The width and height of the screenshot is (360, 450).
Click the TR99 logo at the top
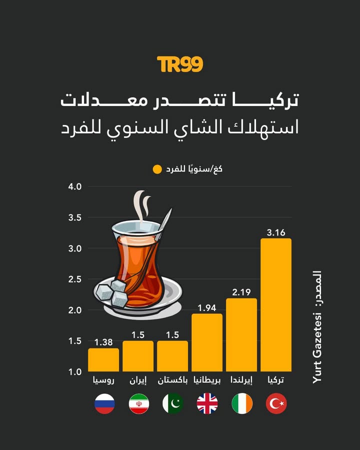[x=180, y=64]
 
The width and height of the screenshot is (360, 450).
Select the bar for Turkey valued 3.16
[x=276, y=305]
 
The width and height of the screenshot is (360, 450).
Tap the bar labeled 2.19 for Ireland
[x=241, y=335]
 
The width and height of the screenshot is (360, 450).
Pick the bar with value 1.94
[x=207, y=342]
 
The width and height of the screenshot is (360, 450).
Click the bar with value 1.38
[x=103, y=360]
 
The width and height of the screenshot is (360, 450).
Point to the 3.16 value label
[x=276, y=232]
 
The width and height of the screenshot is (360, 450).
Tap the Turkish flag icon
[x=276, y=403]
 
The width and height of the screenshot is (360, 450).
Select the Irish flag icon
[x=242, y=403]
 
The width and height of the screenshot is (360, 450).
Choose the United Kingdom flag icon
[x=207, y=403]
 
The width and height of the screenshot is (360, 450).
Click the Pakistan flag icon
[x=173, y=403]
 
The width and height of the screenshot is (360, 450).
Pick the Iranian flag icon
[x=139, y=403]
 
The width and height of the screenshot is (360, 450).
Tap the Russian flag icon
[x=104, y=403]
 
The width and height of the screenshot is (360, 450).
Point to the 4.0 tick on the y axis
[x=74, y=186]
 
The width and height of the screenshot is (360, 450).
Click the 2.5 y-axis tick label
[x=74, y=279]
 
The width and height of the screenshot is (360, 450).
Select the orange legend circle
[x=157, y=169]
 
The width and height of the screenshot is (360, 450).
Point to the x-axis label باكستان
[x=173, y=380]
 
